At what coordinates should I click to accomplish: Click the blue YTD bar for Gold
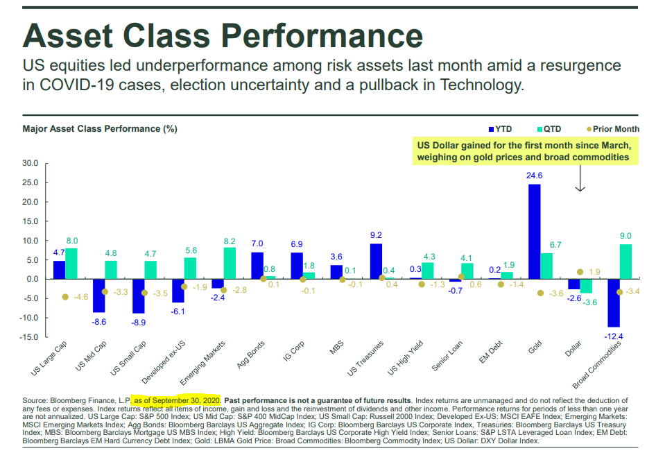(x=535, y=232)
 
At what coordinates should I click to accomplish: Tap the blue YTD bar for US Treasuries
(x=376, y=261)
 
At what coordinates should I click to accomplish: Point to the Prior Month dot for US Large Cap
(x=65, y=297)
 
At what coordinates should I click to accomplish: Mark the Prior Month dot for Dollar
(x=580, y=272)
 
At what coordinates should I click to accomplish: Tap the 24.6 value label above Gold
(x=535, y=176)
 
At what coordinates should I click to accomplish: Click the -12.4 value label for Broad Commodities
(x=614, y=336)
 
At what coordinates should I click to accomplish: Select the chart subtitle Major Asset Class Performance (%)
(x=100, y=129)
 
